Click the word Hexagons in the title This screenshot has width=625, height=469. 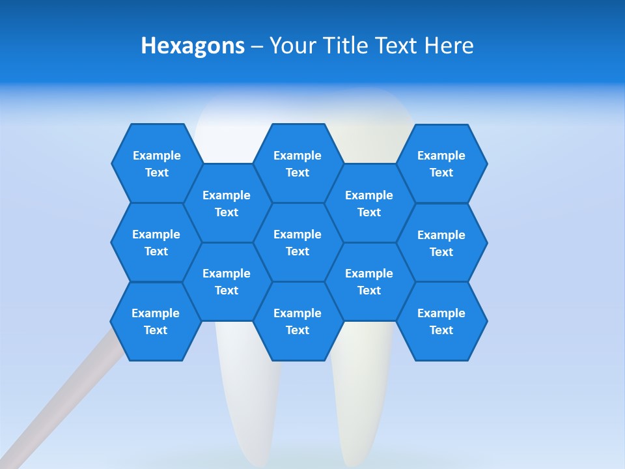click(193, 46)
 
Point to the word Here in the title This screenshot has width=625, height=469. click(449, 46)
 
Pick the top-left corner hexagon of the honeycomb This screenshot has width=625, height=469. click(156, 163)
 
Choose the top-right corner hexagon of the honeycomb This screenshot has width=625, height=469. click(441, 163)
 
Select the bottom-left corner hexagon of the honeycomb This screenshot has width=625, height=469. click(156, 321)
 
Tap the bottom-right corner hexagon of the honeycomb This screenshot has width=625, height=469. click(441, 321)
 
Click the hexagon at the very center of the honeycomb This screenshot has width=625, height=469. click(298, 242)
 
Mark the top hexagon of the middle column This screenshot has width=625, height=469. click(298, 163)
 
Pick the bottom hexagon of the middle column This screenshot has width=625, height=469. click(298, 321)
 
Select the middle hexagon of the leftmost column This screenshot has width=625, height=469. click(156, 242)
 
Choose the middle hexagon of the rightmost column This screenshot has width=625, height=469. click(441, 243)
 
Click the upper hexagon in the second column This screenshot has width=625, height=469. click(227, 203)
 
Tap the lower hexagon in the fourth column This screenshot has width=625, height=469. click(369, 281)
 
